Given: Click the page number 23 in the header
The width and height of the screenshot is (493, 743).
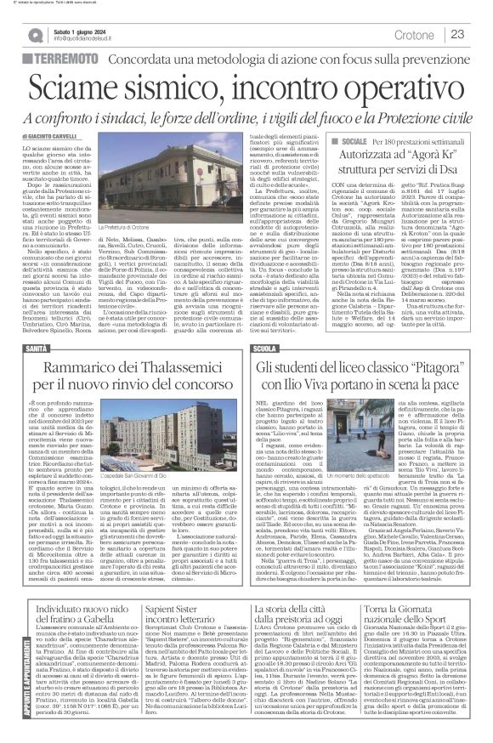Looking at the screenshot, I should (456, 33).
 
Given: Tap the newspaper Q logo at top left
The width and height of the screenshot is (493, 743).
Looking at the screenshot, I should (33, 33).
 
